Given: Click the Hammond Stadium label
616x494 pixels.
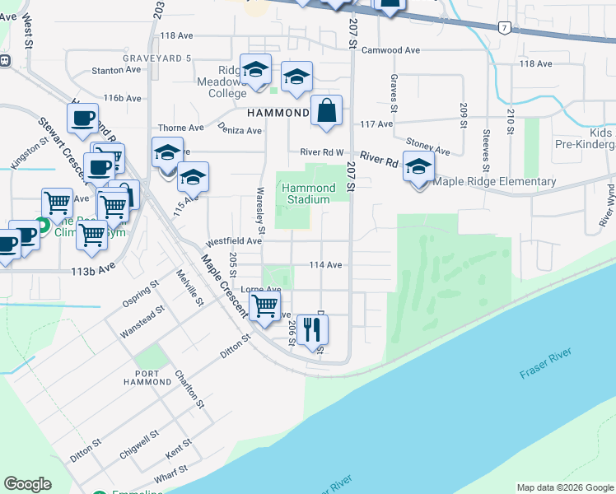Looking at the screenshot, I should coord(308,193).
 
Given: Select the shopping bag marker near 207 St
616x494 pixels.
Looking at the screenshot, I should coord(327,110).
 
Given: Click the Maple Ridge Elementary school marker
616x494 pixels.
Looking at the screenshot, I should coord(419,168).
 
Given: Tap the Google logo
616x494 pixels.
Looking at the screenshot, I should coord(27,484).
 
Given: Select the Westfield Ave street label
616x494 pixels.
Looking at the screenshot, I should coord(233,241).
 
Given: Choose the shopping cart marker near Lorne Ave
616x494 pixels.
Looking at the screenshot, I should coord(265,306).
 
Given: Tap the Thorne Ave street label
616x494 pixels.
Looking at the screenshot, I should coord(181,128).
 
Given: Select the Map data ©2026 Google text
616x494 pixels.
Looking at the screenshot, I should coord(564,487).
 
